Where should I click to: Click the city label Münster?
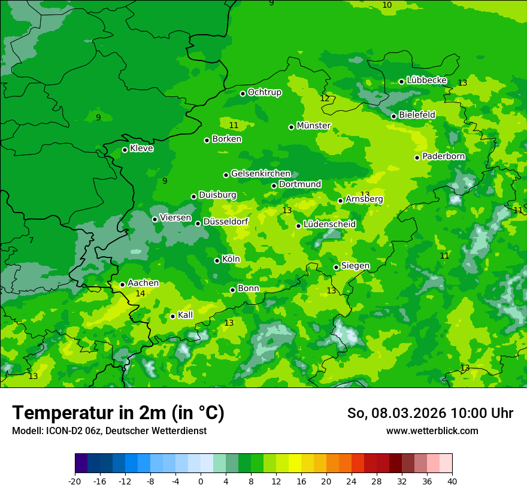[314, 126]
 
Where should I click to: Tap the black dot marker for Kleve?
[125, 150]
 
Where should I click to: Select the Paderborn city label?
[443, 156]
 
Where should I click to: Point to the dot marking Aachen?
[122, 284]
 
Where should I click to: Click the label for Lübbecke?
[426, 80]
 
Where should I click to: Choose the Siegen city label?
[355, 266]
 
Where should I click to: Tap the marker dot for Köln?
[217, 260]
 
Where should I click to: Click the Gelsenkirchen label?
[261, 174]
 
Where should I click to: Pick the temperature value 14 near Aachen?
[140, 293]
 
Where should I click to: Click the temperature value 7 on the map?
[31, 240]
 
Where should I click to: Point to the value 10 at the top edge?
[387, 5]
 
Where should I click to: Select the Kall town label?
[185, 315]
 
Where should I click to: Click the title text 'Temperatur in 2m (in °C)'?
[118, 413]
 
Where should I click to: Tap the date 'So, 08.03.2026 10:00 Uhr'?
[430, 413]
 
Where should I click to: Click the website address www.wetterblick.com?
[432, 431]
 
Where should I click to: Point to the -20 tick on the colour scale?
[75, 481]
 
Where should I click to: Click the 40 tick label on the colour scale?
[452, 481]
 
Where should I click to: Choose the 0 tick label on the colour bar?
[201, 481]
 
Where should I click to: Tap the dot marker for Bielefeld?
[393, 116]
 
